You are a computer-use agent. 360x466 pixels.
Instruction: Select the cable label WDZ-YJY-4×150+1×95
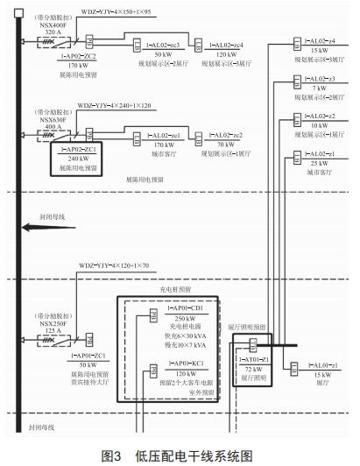[116, 13]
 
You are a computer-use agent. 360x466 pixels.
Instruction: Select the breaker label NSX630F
[52, 119]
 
